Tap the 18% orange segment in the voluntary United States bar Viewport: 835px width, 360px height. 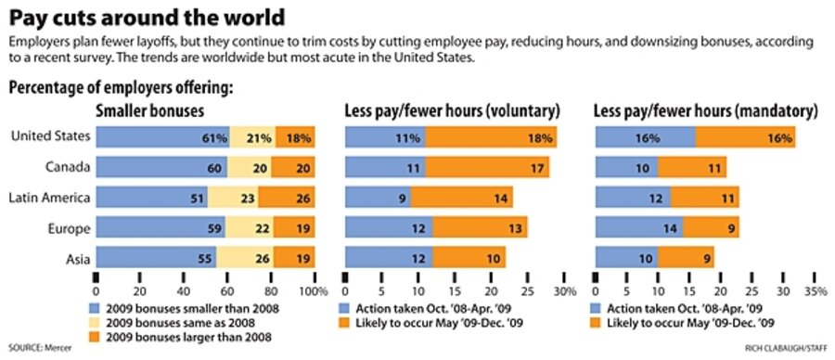[x=492, y=138]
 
